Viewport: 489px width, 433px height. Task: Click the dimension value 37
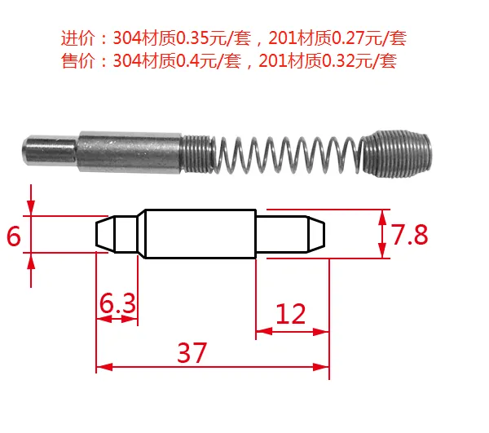192,352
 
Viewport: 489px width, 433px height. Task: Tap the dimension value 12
291,313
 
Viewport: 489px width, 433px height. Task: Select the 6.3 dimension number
117,303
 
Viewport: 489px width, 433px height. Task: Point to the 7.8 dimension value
409,234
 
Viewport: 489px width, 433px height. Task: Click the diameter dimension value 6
13,236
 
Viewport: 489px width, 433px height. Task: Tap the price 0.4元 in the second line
196,61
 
